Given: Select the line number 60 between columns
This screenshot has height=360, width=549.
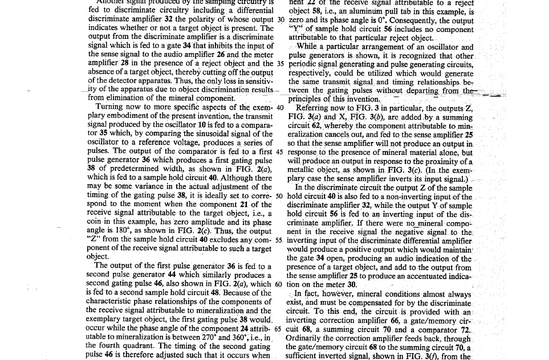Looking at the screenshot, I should [279, 284].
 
